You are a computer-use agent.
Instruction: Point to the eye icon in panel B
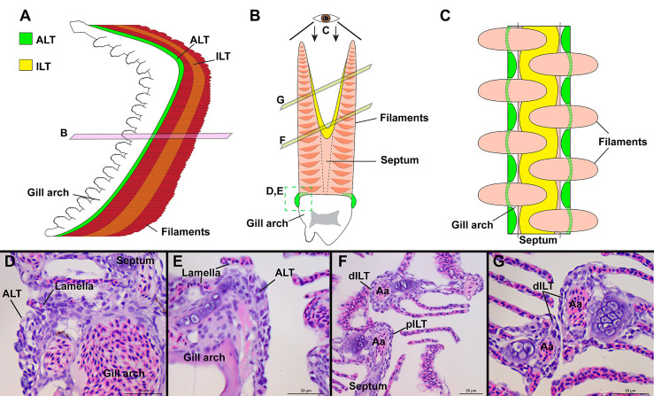pos(329,17)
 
